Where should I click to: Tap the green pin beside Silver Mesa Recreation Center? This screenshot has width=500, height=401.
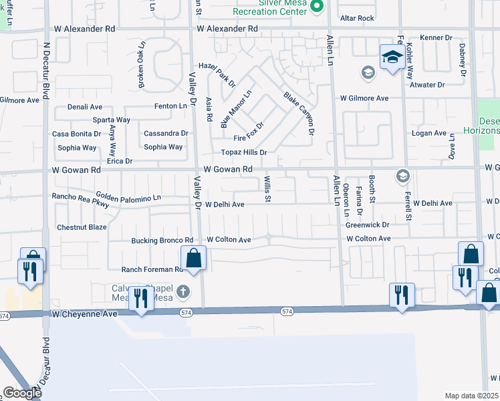pos(318,7)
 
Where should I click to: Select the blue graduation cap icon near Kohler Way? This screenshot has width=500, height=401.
pos(392,57)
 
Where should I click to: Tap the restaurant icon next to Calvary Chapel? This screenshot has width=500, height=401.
pos(140,299)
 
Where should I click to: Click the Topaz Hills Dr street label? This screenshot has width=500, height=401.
pos(239,152)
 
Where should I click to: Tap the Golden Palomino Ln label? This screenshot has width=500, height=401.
pos(128,196)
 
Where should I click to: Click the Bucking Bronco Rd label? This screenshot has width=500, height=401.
pos(162,240)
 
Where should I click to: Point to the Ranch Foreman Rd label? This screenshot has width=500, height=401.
pos(152,270)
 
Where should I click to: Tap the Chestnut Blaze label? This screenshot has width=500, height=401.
pos(82,227)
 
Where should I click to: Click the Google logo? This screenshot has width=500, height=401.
pos(21,393)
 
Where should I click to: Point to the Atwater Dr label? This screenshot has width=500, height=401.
pos(427,85)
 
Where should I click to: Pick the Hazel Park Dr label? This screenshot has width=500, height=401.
pos(222,76)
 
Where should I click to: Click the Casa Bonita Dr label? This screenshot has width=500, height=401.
pos(77,134)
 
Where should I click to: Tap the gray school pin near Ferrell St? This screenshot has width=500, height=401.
pos(402,176)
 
